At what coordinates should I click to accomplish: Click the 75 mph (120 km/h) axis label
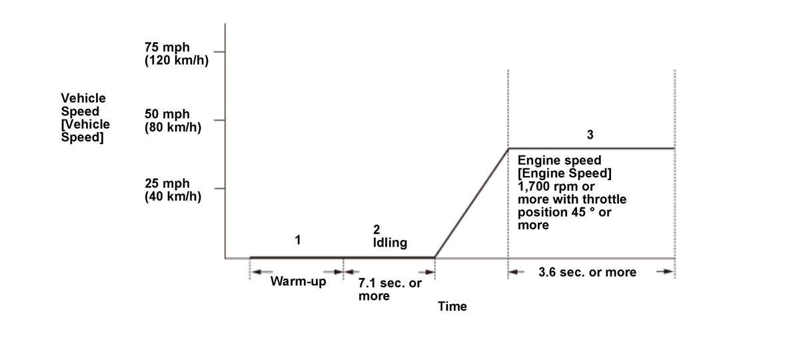point(172,53)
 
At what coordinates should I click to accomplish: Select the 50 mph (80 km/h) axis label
point(173,120)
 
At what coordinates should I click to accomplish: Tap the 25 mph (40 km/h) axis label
point(173,189)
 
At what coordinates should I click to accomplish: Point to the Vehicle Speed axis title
point(85,118)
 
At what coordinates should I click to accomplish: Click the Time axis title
point(452,307)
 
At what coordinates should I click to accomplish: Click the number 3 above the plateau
point(590,135)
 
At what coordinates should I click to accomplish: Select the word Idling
point(390,243)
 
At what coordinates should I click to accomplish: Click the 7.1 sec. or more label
point(389,289)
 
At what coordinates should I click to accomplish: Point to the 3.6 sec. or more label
point(586,272)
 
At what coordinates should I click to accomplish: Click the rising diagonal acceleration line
point(471,203)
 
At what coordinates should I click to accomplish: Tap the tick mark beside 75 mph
point(220,51)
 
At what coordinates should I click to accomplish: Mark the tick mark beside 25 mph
point(220,189)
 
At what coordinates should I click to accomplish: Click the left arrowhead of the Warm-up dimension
point(255,271)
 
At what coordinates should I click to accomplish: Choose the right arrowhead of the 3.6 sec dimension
point(668,272)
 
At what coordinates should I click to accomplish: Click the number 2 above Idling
point(376,230)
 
